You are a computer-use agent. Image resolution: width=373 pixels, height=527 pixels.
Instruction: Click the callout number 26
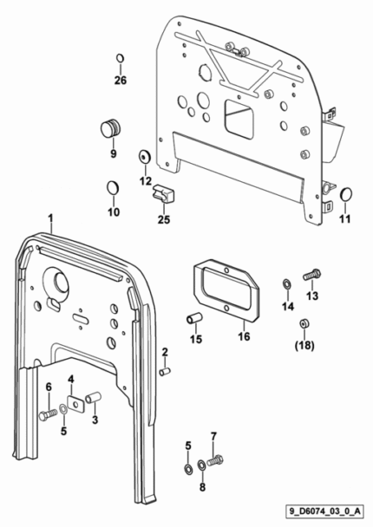pos(121,81)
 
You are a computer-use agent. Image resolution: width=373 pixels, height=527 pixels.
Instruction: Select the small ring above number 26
pos(120,58)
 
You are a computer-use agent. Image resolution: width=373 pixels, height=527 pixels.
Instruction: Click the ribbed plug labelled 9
pos(111,127)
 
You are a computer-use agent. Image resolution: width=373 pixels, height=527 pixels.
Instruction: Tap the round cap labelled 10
pos(113,188)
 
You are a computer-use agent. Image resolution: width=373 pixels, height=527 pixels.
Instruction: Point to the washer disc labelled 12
pos(145,157)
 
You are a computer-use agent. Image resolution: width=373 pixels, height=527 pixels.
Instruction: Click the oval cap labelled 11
pos(346,195)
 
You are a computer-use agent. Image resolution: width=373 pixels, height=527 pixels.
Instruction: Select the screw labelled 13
pos(312,275)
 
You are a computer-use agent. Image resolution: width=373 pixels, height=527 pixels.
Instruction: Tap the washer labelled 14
pos(287,284)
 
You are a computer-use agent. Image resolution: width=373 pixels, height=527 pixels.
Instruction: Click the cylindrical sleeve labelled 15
pos(194,318)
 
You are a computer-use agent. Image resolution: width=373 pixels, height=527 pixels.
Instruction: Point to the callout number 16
pos(244,336)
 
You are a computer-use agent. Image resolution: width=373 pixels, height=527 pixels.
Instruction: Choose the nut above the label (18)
pos(304,324)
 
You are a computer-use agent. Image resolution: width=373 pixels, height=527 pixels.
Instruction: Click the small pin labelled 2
pos(165,372)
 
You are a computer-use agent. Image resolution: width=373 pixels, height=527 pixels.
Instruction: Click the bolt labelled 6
pos(49,413)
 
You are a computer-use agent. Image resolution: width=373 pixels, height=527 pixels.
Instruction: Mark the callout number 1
pos(50,218)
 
